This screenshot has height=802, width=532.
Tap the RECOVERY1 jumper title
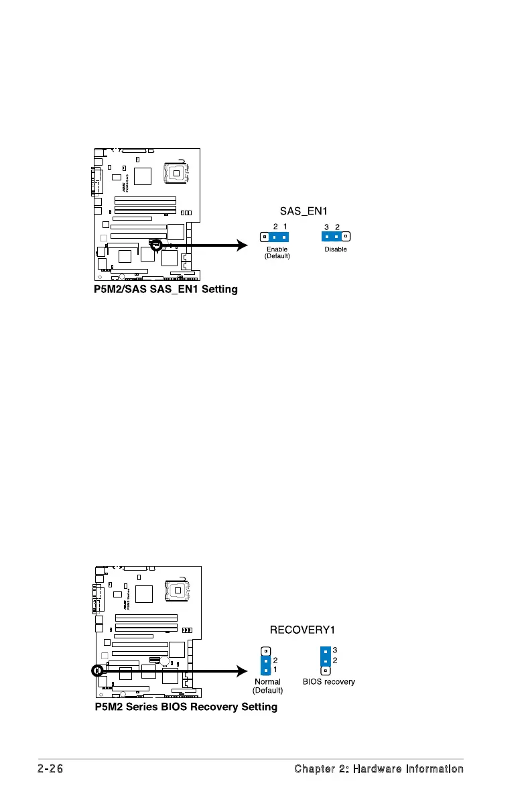(302, 630)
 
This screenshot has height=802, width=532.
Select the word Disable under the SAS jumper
(335, 249)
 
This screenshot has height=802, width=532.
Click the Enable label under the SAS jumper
(277, 249)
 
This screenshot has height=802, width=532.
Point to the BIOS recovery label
(328, 681)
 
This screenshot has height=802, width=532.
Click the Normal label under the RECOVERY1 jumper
(267, 681)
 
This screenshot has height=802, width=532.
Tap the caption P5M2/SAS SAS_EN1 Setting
(165, 290)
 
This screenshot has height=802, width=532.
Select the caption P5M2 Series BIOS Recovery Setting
(186, 707)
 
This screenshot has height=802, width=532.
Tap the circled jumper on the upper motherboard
(155, 245)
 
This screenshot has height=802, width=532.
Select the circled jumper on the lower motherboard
(97, 670)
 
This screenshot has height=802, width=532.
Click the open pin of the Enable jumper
(265, 237)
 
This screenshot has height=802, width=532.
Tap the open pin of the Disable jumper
(346, 236)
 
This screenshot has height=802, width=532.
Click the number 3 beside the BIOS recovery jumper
(335, 650)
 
